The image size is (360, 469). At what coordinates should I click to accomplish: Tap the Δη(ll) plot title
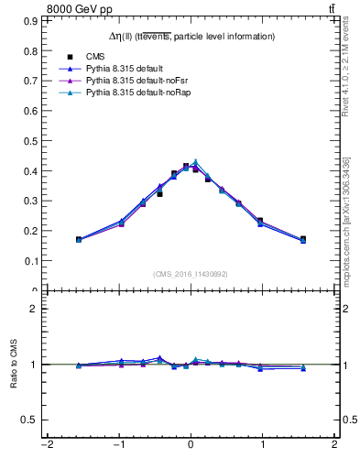click(x=191, y=36)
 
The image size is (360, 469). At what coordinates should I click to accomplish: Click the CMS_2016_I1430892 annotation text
click(x=190, y=274)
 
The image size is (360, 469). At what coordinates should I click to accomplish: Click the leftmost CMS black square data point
click(x=79, y=239)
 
